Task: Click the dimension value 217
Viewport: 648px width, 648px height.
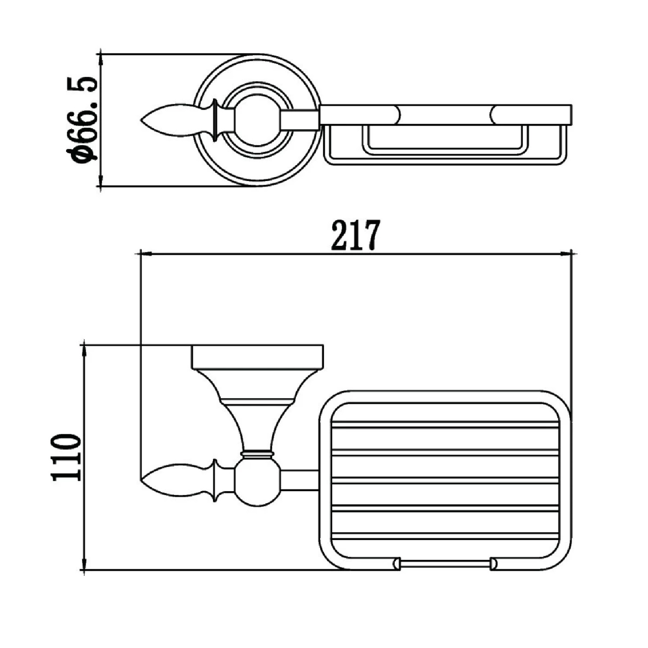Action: tap(355, 235)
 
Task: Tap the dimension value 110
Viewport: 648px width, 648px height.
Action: tap(66, 458)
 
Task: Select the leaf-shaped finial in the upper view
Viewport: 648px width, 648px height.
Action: tap(173, 120)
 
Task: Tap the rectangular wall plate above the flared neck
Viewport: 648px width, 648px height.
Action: tap(257, 357)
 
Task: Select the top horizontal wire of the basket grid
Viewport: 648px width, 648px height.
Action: tap(445, 426)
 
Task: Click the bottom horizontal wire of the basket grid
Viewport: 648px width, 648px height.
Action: tap(445, 536)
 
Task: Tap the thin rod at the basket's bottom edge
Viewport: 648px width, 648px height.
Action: tap(445, 563)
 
